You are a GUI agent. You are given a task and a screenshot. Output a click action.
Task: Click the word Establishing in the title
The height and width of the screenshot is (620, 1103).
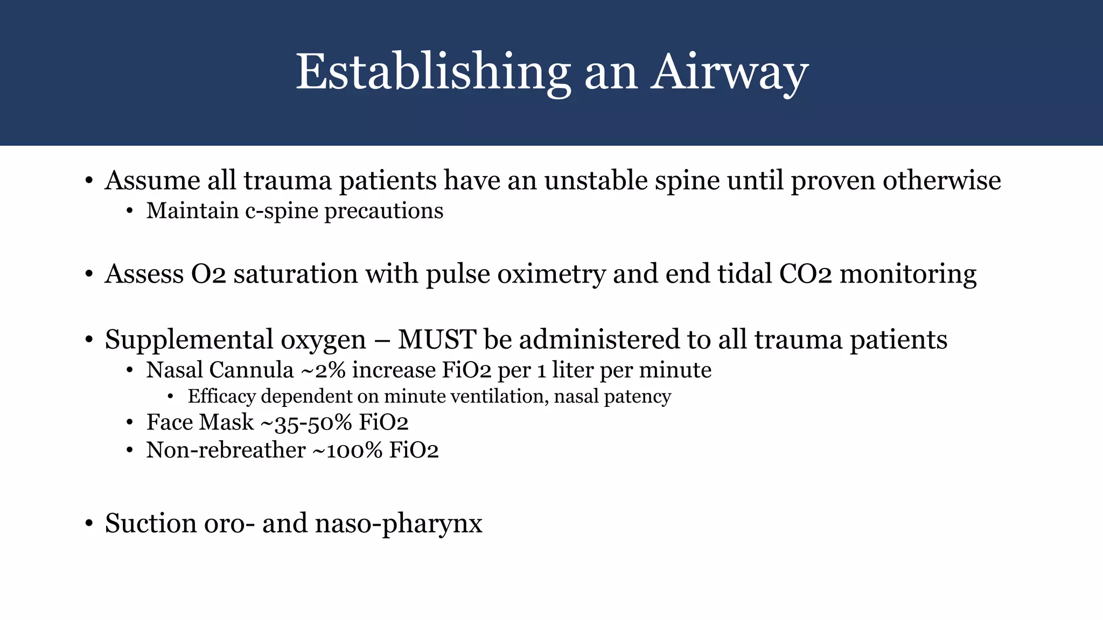point(433,73)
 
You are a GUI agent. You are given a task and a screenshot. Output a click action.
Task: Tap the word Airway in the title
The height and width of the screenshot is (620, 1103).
point(729,73)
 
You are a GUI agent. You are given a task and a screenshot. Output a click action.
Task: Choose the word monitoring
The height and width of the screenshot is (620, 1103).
point(908,274)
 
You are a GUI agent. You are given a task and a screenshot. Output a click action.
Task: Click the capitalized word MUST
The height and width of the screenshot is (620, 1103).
point(437,340)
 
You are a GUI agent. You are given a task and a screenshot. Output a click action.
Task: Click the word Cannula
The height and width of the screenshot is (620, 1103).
point(251,370)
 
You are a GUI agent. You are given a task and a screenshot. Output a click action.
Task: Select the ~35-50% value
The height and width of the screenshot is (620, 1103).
point(306,422)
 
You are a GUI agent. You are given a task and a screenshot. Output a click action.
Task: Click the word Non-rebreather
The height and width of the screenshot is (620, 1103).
point(226,450)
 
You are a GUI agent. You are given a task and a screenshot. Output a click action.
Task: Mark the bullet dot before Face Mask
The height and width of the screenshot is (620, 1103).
point(129,422)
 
